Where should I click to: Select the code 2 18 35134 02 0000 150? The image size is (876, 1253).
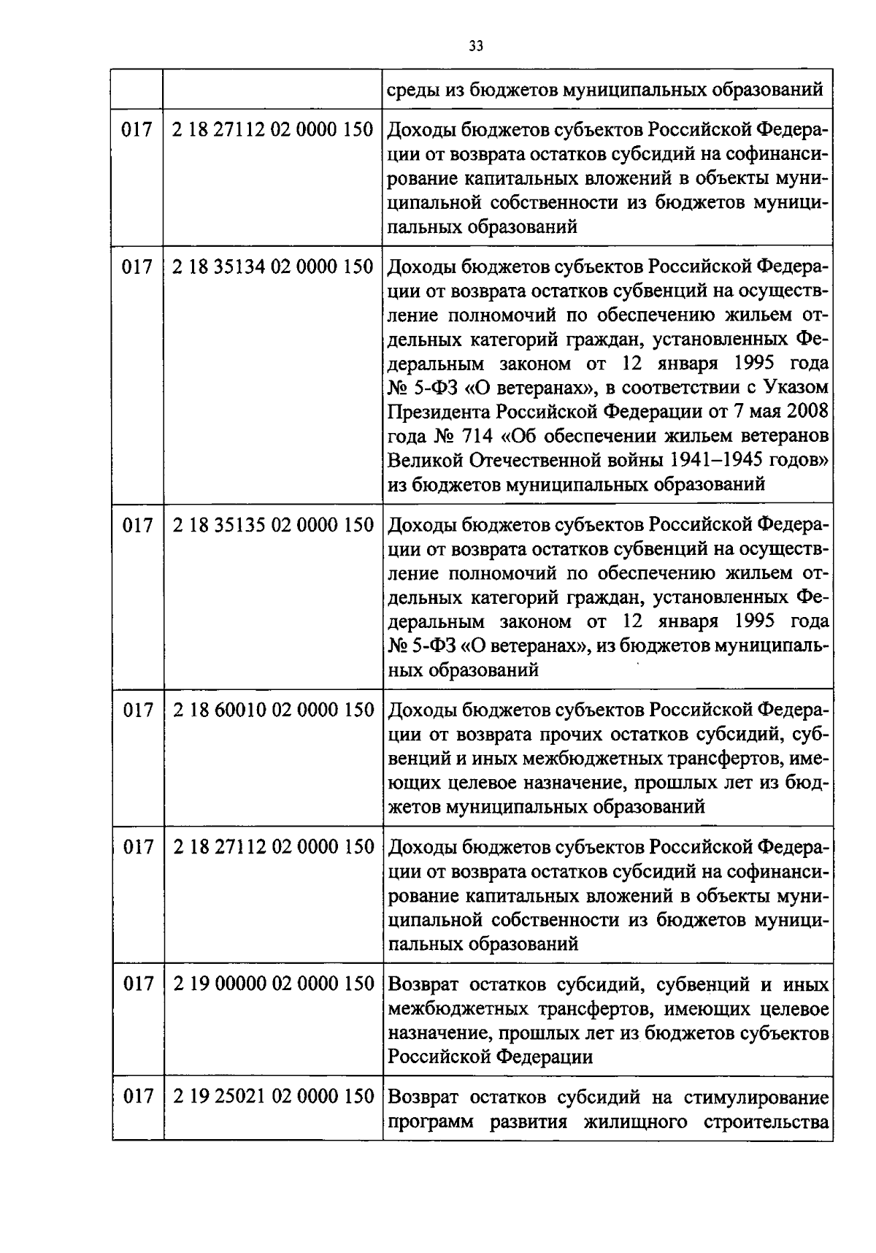[273, 267]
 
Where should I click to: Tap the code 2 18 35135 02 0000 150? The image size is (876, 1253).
[273, 526]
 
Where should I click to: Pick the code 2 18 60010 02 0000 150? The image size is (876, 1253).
[273, 710]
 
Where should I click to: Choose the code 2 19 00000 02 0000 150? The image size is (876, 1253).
[273, 984]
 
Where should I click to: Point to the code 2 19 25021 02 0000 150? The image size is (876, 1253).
[273, 1097]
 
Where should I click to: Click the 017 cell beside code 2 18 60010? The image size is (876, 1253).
[137, 710]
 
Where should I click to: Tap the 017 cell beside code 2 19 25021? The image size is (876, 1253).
[137, 1097]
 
